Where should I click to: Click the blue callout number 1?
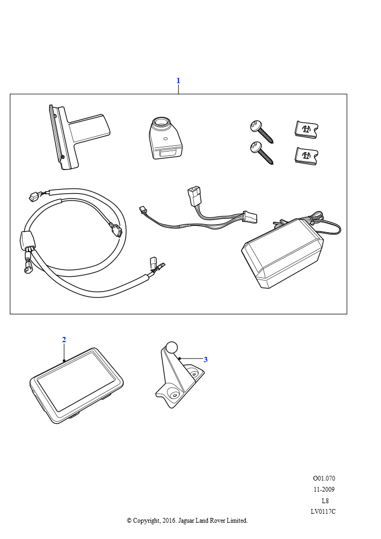coord(178,81)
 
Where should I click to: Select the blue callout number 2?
coord(64,340)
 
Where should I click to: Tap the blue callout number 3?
coord(205,360)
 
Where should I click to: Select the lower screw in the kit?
coord(262,153)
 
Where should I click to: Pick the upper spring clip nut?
coord(306,129)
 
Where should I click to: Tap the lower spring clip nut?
coord(306,156)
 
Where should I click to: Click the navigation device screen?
coord(76,381)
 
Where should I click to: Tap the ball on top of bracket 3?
coord(172,347)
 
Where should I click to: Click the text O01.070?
coord(324,478)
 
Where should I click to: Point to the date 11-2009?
coord(324,489)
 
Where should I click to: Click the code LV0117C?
coord(323,512)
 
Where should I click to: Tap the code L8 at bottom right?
coord(325,501)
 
